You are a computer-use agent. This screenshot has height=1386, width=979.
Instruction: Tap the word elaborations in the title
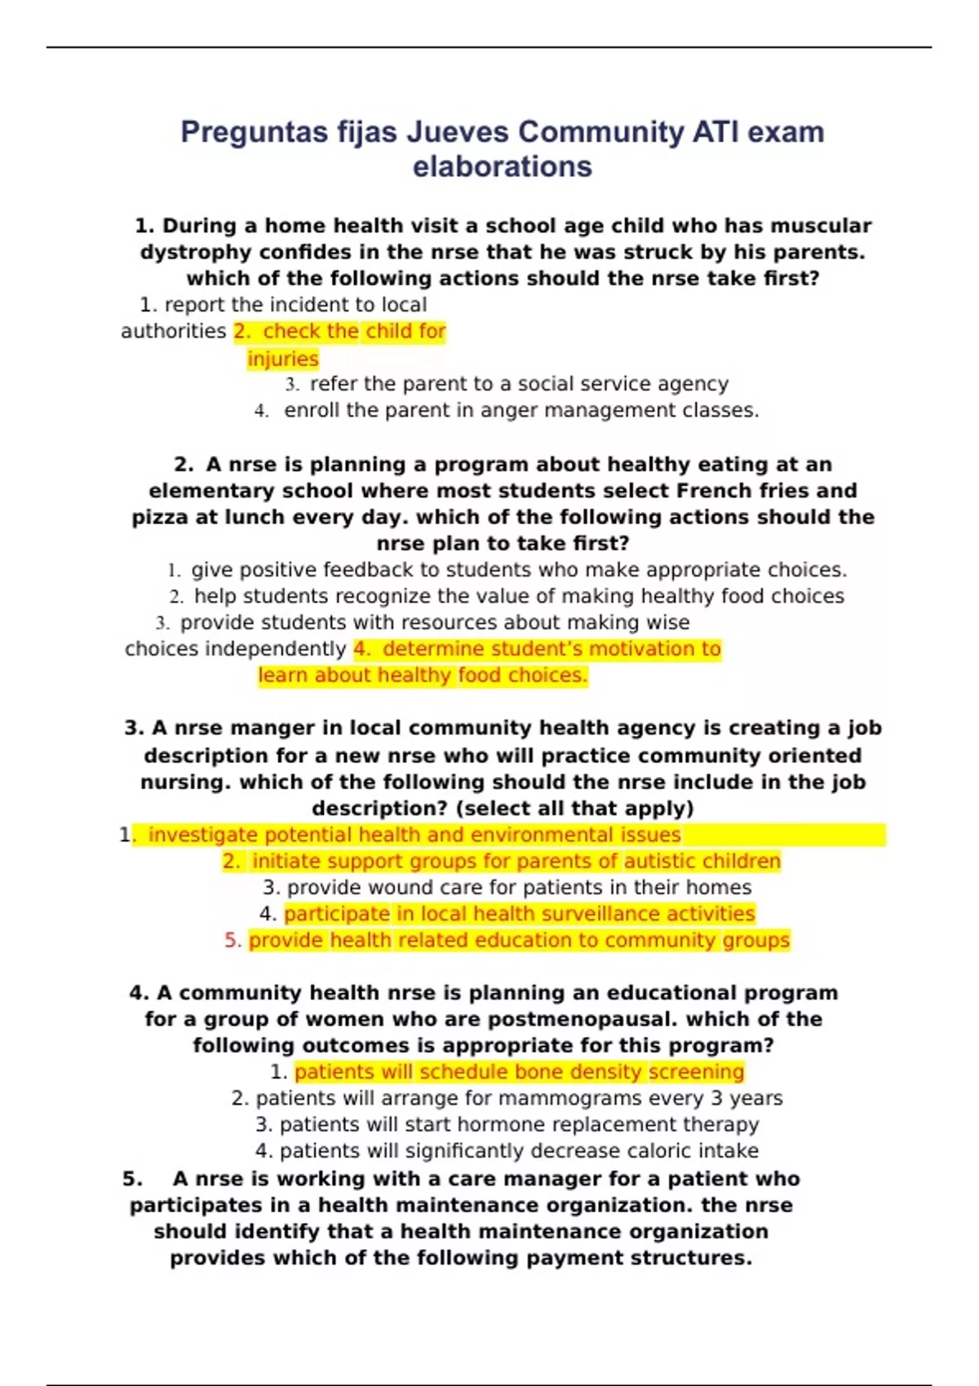pyautogui.click(x=502, y=166)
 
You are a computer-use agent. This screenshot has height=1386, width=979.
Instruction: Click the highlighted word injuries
pyautogui.click(x=283, y=359)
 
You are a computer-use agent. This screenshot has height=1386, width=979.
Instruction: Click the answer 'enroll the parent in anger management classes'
pyautogui.click(x=521, y=410)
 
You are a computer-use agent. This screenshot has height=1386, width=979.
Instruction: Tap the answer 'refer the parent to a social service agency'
pyautogui.click(x=518, y=384)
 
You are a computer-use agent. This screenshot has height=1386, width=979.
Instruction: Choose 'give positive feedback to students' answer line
pyautogui.click(x=518, y=570)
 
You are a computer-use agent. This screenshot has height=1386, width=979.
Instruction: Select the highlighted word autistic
pyautogui.click(x=661, y=861)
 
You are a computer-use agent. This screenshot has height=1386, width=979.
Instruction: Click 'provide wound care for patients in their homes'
pyautogui.click(x=518, y=887)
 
